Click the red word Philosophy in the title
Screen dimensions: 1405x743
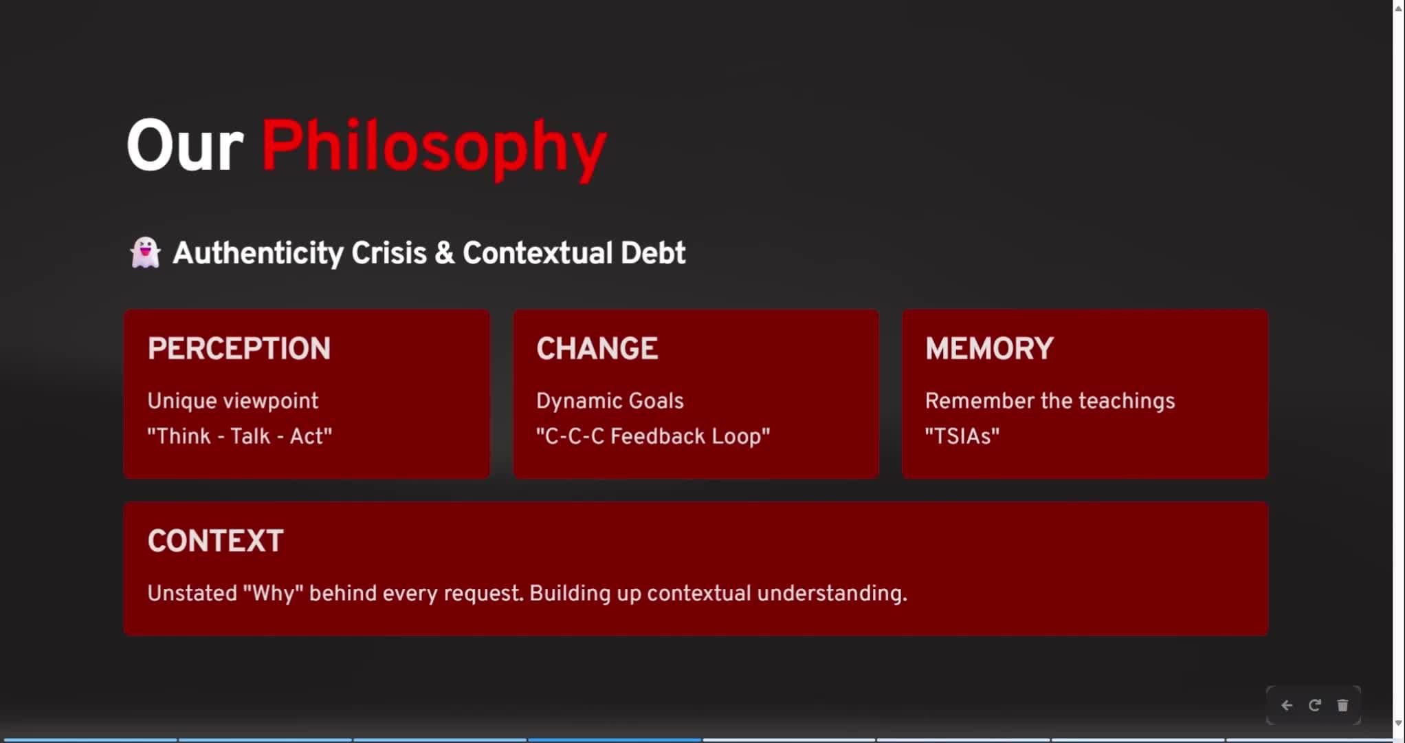pyautogui.click(x=434, y=147)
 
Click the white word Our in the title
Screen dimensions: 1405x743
pyautogui.click(x=185, y=146)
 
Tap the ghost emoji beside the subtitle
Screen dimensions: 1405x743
pyautogui.click(x=145, y=252)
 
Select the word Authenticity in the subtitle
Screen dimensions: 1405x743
pyautogui.click(x=258, y=253)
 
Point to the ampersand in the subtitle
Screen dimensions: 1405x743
pyautogui.click(x=444, y=253)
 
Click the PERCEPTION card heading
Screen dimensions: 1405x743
pyautogui.click(x=239, y=349)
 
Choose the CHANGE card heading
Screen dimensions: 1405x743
pyautogui.click(x=597, y=349)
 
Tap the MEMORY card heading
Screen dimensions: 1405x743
pyautogui.click(x=989, y=349)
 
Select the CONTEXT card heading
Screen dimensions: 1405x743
pyautogui.click(x=215, y=541)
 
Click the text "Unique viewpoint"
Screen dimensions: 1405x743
pyautogui.click(x=233, y=401)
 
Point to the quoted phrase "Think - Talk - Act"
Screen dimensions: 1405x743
pyautogui.click(x=240, y=436)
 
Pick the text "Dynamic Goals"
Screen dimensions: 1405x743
pyautogui.click(x=610, y=401)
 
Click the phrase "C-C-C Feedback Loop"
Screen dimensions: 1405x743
pyautogui.click(x=654, y=436)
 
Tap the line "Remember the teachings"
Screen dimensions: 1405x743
pyautogui.click(x=1050, y=401)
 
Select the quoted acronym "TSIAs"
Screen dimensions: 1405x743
pyautogui.click(x=962, y=436)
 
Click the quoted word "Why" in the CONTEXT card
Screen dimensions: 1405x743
pyautogui.click(x=273, y=593)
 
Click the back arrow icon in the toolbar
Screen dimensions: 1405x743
pyautogui.click(x=1287, y=705)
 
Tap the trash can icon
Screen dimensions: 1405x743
pyautogui.click(x=1342, y=705)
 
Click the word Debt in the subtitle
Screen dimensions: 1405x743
pyautogui.click(x=653, y=253)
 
